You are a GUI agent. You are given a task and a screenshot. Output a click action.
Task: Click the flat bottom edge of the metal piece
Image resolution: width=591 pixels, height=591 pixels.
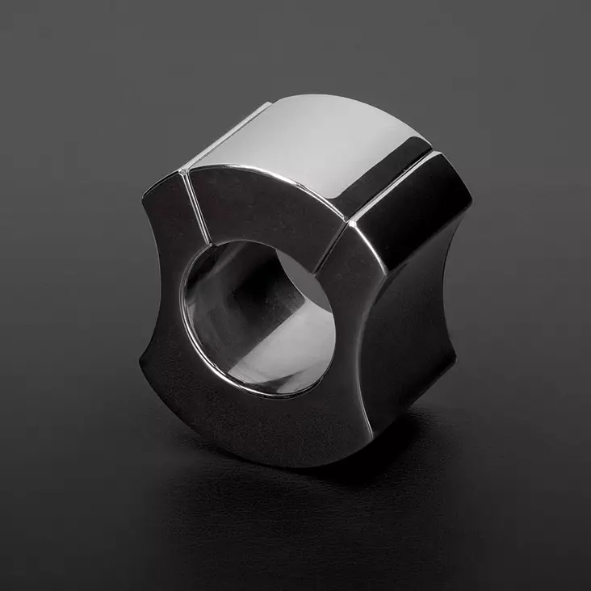click(x=266, y=456)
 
